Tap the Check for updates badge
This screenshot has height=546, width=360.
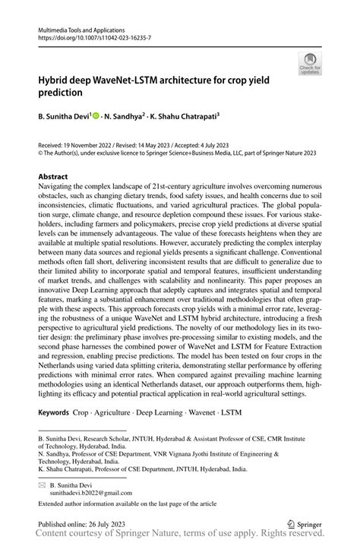click(x=308, y=65)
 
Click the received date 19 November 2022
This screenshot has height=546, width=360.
click(x=89, y=142)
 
